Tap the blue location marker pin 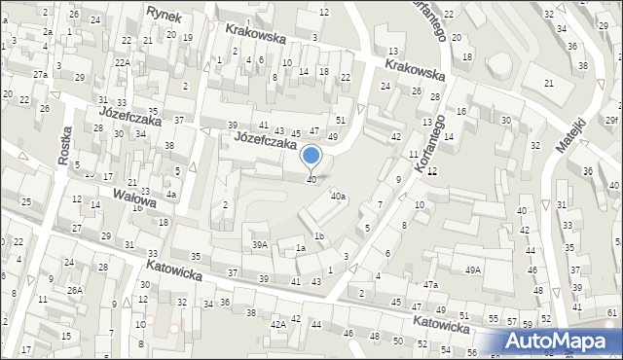pos(311,156)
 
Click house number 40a pos(338,197)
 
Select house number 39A pos(259,244)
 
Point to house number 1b pos(318,236)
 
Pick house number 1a pos(301,248)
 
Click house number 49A pos(473,270)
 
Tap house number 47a pos(430,284)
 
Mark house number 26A pos(74,290)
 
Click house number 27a pos(39,74)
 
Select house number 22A pos(122,62)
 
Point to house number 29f pos(610,119)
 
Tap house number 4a pos(170,195)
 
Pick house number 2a pos(47,31)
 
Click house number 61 pos(610,312)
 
